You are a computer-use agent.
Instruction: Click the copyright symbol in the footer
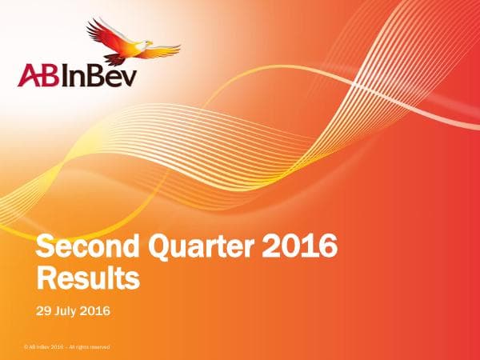pos(26,347)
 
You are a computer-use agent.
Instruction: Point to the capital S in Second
pos(50,249)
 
